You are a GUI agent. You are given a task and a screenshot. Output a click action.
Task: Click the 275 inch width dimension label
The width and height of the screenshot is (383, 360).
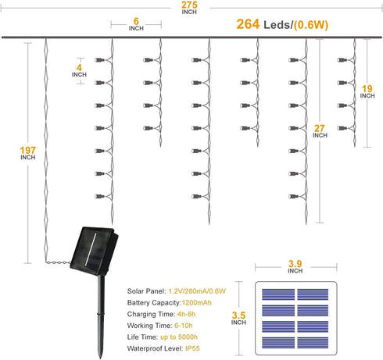(x=189, y=8)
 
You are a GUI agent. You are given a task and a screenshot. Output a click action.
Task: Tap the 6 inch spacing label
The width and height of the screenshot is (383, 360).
(x=136, y=24)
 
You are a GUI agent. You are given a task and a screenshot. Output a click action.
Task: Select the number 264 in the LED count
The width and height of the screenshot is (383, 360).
(x=248, y=24)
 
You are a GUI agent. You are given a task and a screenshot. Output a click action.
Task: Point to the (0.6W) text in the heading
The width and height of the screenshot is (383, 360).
(x=311, y=25)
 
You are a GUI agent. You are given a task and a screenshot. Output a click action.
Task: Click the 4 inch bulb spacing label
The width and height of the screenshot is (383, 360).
(x=79, y=71)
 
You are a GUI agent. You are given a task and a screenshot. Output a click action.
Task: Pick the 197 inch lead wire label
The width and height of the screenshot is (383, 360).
(x=28, y=153)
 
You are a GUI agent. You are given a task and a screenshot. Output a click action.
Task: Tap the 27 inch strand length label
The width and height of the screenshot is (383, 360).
(x=320, y=131)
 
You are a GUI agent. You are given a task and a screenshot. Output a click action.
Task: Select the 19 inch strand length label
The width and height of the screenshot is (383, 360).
(x=367, y=91)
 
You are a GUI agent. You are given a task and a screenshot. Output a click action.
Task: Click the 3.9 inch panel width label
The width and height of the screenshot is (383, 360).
(x=295, y=267)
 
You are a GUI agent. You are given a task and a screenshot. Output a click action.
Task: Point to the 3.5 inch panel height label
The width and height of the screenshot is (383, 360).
(x=238, y=319)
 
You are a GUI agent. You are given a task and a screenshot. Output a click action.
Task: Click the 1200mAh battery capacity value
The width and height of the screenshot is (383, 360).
(x=197, y=303)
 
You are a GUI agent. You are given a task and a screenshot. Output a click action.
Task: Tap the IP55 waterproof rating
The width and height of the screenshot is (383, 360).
(x=192, y=348)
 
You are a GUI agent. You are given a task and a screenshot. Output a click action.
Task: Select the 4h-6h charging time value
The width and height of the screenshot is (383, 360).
(x=186, y=314)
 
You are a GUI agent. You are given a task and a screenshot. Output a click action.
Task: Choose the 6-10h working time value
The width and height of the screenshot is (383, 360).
(x=184, y=326)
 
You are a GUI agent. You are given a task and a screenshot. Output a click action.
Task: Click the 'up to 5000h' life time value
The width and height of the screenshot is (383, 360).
(x=179, y=337)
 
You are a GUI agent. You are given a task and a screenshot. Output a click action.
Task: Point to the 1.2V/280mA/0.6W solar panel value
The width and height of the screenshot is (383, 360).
(x=197, y=291)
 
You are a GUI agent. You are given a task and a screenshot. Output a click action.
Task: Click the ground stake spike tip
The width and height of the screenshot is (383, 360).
(x=101, y=358)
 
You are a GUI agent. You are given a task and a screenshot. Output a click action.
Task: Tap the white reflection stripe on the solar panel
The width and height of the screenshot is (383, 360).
(x=91, y=249)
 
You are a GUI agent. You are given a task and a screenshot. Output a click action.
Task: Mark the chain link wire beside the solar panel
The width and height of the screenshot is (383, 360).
(x=58, y=262)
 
